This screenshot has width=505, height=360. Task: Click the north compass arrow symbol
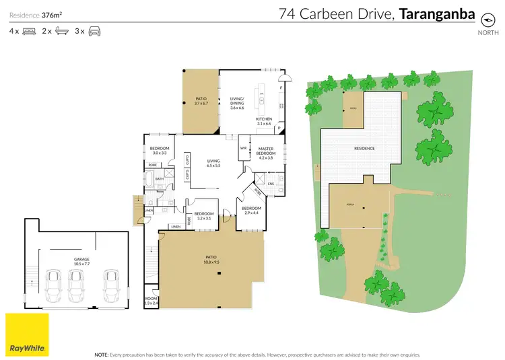tap(484, 16)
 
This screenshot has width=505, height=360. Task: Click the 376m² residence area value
tap(52, 13)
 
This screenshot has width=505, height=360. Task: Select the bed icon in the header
tap(29, 31)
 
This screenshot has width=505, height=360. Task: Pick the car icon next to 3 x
tap(94, 31)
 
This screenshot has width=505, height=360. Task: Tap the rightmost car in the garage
tap(111, 285)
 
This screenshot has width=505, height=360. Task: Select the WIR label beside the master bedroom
tap(243, 147)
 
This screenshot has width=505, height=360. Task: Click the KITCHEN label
tap(263, 120)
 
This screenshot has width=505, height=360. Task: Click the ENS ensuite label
tap(271, 182)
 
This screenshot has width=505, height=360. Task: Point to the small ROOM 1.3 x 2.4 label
tap(150, 301)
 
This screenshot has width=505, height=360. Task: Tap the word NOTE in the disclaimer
tap(101, 353)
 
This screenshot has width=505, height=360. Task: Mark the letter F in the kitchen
tap(279, 87)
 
